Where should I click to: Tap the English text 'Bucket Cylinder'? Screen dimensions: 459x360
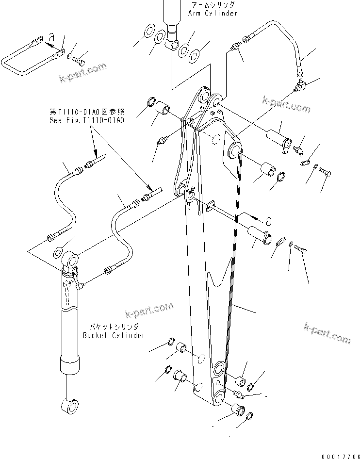click(x=114, y=335)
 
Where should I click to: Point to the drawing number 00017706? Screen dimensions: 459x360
click(x=335, y=450)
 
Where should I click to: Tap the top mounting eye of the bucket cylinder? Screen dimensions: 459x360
click(x=70, y=258)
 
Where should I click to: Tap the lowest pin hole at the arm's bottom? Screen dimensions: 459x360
click(x=218, y=399)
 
